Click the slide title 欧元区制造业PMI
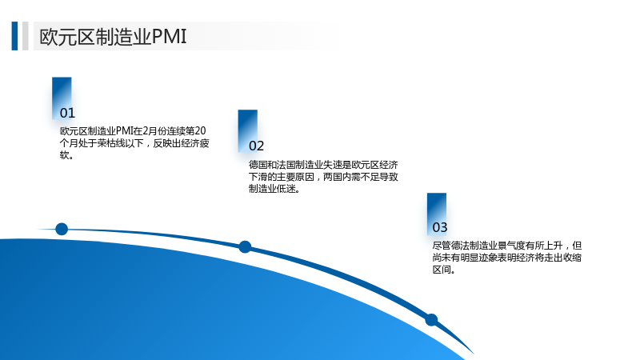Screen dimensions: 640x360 113,37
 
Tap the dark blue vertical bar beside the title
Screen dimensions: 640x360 14,36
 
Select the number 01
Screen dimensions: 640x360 67,113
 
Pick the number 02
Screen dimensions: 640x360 256,146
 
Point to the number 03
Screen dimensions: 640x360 440,227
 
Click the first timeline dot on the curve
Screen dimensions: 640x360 62,229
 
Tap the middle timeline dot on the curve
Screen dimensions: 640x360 245,247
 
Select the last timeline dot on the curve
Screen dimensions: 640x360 431,319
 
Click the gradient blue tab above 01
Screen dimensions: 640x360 62,98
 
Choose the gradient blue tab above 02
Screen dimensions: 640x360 248,131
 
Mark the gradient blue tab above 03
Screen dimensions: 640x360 437,214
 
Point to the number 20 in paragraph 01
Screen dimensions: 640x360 201,131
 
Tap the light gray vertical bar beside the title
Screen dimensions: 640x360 26,36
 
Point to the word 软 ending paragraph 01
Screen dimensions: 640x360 65,155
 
